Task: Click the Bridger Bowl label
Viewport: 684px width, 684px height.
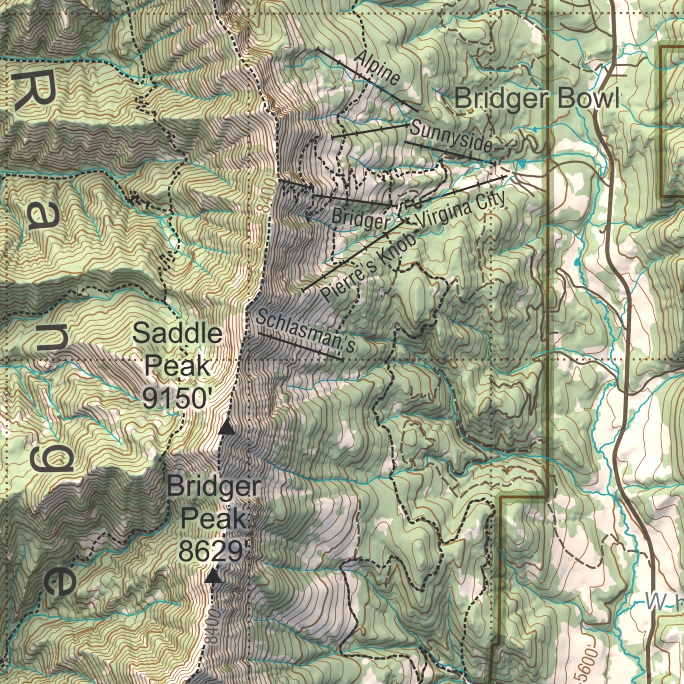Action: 537,99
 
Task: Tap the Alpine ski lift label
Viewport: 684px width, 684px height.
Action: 377,67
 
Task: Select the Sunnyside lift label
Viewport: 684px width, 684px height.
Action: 451,137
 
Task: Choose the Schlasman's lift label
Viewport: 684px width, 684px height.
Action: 305,331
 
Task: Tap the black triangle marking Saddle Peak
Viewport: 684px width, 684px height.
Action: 227,428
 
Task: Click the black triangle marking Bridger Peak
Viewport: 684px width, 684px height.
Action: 213,576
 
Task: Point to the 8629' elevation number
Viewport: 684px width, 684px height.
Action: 213,551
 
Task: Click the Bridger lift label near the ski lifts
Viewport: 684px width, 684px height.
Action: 360,219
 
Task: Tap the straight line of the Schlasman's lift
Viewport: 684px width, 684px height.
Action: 301,346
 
